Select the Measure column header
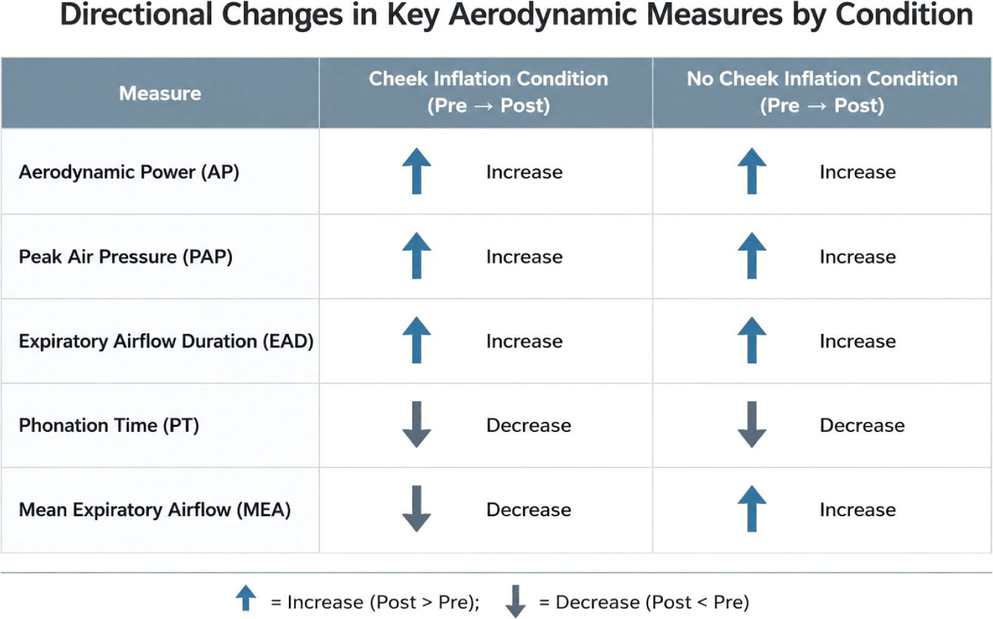pyautogui.click(x=160, y=93)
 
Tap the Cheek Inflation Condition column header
pyautogui.click(x=488, y=92)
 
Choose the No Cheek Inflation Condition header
pyautogui.click(x=822, y=92)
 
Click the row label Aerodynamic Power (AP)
pyautogui.click(x=128, y=172)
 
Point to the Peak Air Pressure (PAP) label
pyautogui.click(x=125, y=256)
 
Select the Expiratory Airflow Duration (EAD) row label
pyautogui.click(x=166, y=341)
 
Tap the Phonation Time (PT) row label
pyautogui.click(x=109, y=426)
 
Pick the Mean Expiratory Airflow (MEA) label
pyautogui.click(x=155, y=510)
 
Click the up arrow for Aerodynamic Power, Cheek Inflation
pyautogui.click(x=416, y=171)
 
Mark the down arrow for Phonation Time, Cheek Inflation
pyautogui.click(x=416, y=424)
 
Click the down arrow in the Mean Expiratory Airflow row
pyautogui.click(x=416, y=509)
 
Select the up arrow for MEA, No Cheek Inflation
pyautogui.click(x=752, y=509)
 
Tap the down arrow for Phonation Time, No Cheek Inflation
pyautogui.click(x=752, y=424)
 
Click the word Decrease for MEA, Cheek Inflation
pyautogui.click(x=528, y=510)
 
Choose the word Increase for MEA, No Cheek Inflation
pyautogui.click(x=858, y=510)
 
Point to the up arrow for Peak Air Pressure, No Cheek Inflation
pyautogui.click(x=752, y=255)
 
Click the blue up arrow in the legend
pyautogui.click(x=246, y=598)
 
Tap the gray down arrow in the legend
pyautogui.click(x=515, y=602)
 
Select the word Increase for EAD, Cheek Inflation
pyautogui.click(x=524, y=341)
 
